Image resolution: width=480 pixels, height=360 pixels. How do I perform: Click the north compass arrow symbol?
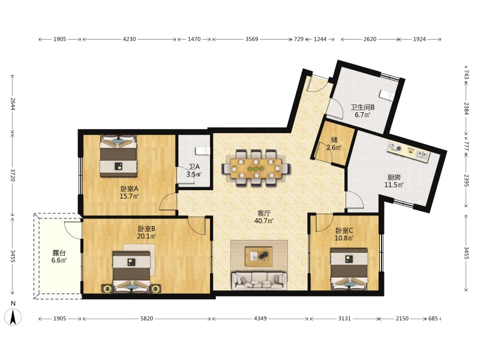(x=13, y=317)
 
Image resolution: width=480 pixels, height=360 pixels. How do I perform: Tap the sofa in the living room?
(x=259, y=280)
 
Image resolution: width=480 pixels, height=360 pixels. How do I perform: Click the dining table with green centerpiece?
(x=256, y=168)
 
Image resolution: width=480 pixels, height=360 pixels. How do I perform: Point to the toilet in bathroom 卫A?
(x=203, y=151)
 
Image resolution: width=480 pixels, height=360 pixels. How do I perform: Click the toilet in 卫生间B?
(x=386, y=95)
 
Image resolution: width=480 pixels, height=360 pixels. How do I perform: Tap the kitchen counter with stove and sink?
(x=409, y=151)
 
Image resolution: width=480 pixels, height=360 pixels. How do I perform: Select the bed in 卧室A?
(x=118, y=156)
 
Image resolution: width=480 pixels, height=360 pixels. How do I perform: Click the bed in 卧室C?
(x=349, y=269)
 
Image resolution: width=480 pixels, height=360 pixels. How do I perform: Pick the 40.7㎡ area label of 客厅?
(x=264, y=221)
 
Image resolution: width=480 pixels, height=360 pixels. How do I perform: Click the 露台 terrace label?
(x=59, y=253)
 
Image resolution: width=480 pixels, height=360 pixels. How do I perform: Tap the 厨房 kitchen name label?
(x=394, y=177)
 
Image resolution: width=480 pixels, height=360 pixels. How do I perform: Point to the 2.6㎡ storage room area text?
(x=334, y=147)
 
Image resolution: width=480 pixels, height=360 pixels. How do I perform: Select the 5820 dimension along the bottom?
(x=146, y=319)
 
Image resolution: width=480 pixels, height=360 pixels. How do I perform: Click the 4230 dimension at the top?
(x=129, y=39)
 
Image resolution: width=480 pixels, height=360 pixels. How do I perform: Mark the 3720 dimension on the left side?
(x=13, y=175)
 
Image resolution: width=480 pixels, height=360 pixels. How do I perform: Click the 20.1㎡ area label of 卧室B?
(x=146, y=236)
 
